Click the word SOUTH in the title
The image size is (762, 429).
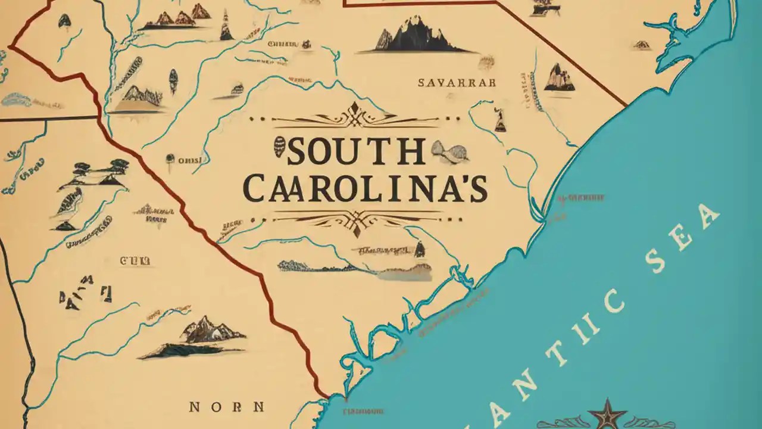click(356, 153)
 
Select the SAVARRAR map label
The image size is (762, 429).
click(457, 83)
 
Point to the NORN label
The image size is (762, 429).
click(226, 407)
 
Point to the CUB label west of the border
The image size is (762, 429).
click(135, 260)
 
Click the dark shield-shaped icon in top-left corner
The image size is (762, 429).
click(64, 20)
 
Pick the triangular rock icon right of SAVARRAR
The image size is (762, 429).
click(558, 78)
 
